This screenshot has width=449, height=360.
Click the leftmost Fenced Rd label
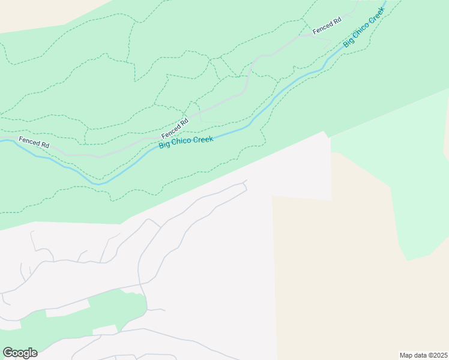point(34,142)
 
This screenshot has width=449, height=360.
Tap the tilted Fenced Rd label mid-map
point(175,127)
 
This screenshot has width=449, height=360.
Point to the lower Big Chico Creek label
point(186,143)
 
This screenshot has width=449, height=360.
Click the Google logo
point(20,353)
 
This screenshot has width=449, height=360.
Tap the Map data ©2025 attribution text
point(423,355)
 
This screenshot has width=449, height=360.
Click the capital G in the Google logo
point(8,353)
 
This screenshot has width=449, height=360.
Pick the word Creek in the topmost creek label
point(375,17)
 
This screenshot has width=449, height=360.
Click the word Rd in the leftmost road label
point(44,144)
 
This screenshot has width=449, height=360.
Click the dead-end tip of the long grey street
point(246,180)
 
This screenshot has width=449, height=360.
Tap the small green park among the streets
point(123,306)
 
